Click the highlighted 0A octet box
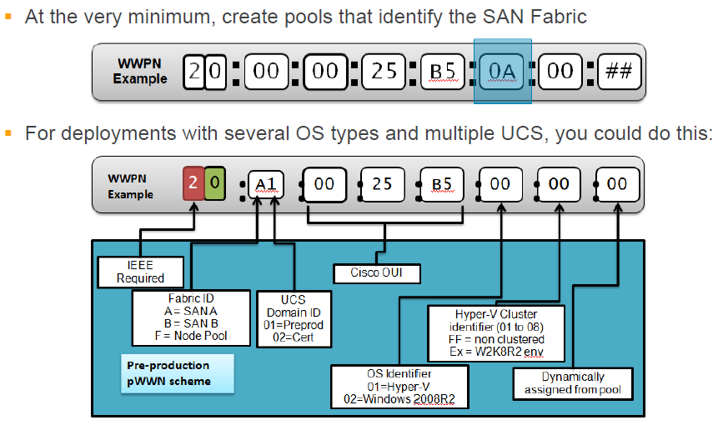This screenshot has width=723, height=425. [503, 72]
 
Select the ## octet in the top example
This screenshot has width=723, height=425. [618, 72]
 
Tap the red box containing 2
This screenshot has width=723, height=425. [193, 182]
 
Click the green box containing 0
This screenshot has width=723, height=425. [214, 182]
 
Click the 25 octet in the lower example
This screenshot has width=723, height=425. [382, 183]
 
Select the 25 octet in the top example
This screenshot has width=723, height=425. [384, 72]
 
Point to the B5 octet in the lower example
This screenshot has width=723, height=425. [441, 183]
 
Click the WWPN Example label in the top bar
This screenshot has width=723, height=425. [140, 72]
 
